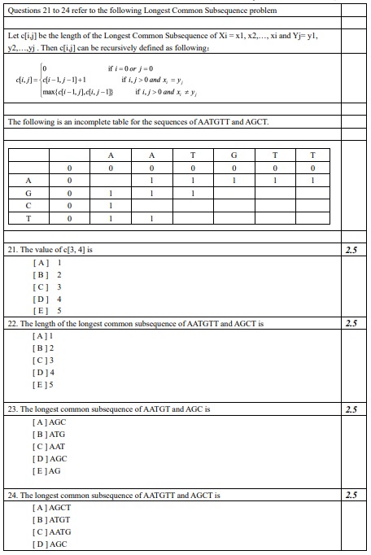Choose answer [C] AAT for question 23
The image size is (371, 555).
point(48,447)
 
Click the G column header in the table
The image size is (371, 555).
point(234,155)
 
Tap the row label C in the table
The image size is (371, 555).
point(29,206)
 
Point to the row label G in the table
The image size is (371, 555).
point(29,194)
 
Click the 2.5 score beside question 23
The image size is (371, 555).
point(351,409)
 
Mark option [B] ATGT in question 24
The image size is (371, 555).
point(51,519)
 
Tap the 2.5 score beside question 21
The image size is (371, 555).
point(351,250)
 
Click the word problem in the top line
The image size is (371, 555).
point(262,11)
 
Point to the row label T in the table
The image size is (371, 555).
point(29,218)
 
